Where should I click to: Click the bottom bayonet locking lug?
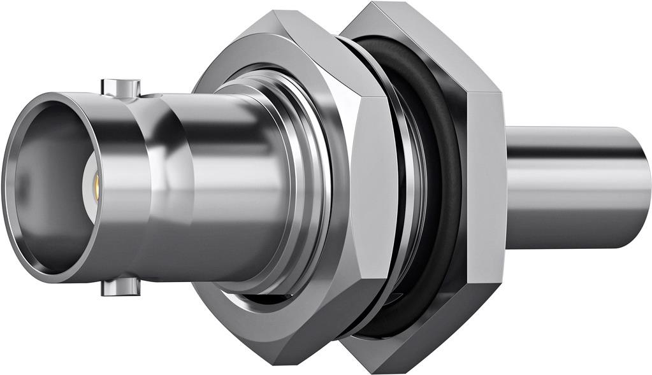[x=120, y=288]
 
